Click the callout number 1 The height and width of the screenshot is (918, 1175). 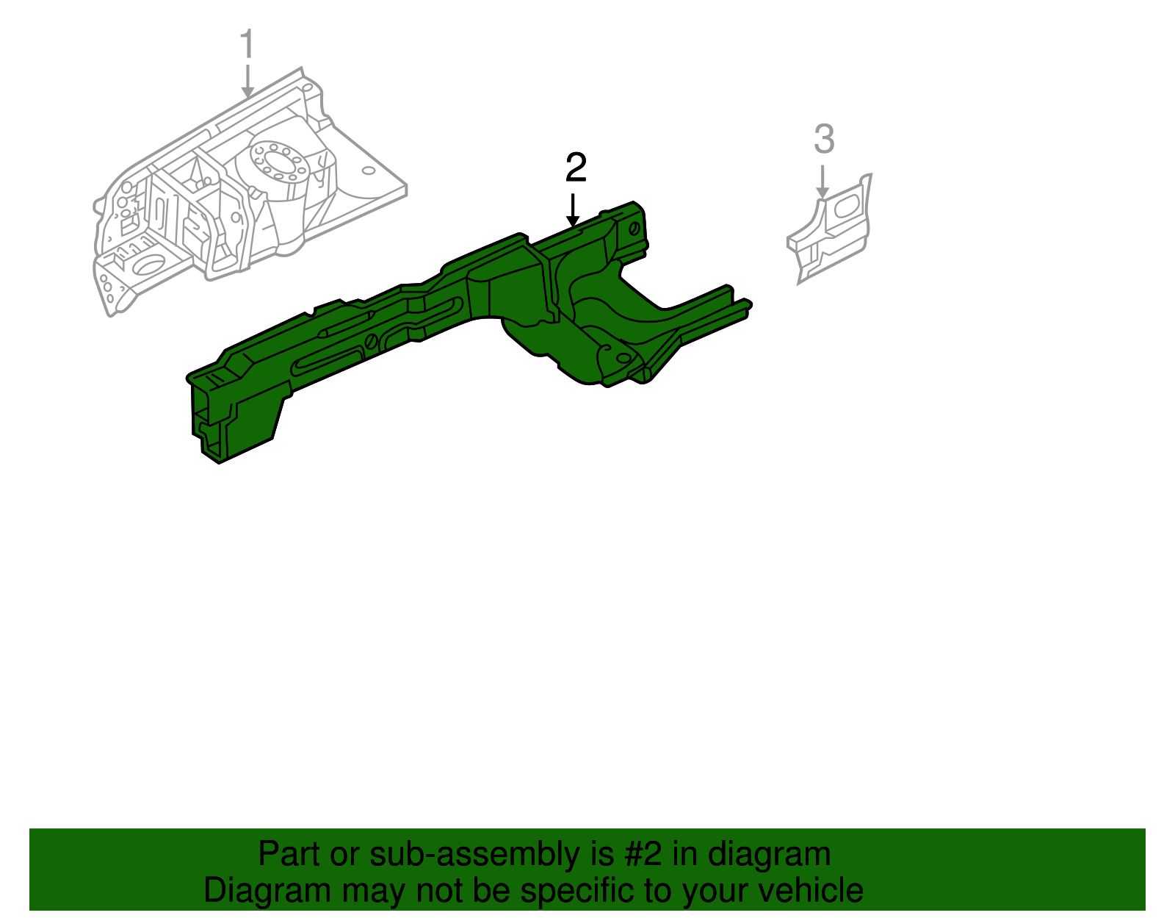[247, 44]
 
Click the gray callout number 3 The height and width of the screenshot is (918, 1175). [824, 139]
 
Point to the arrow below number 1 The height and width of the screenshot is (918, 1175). [247, 81]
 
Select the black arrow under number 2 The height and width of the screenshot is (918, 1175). [573, 210]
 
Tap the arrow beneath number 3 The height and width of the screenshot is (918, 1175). [822, 182]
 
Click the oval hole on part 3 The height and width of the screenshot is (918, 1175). [847, 208]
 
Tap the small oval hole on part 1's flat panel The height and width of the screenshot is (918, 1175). [368, 171]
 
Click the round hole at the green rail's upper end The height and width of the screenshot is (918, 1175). [634, 229]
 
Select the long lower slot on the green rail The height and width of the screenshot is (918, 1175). [327, 362]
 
